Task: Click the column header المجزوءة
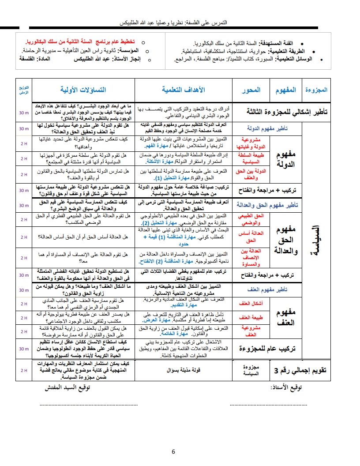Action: click(316, 90)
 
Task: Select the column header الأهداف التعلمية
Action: click(184, 90)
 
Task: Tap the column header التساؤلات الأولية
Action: click(83, 90)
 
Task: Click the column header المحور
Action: click(251, 90)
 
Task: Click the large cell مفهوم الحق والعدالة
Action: click(285, 240)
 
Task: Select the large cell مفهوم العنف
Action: click(285, 318)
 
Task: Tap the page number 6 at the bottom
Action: click(173, 451)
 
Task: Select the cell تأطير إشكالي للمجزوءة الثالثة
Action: click(281, 112)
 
